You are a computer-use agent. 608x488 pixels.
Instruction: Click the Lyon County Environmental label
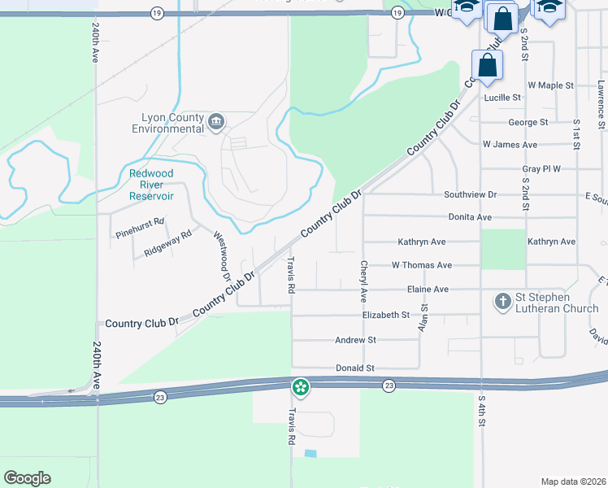(169, 123)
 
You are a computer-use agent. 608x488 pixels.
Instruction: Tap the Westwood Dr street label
(219, 255)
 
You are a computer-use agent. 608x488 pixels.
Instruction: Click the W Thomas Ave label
(421, 265)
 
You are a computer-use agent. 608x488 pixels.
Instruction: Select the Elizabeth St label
(385, 315)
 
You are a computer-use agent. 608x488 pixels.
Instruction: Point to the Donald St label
(354, 368)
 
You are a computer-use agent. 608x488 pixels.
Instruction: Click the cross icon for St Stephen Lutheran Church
(503, 302)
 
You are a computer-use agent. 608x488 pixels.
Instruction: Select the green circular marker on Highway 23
(301, 387)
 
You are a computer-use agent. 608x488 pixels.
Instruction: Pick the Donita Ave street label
(470, 217)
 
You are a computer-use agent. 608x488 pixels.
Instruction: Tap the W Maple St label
(550, 85)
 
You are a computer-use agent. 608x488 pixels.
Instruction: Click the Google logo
(27, 478)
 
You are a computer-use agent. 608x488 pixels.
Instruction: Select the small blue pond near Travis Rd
(310, 453)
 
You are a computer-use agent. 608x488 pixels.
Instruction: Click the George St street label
(528, 123)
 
